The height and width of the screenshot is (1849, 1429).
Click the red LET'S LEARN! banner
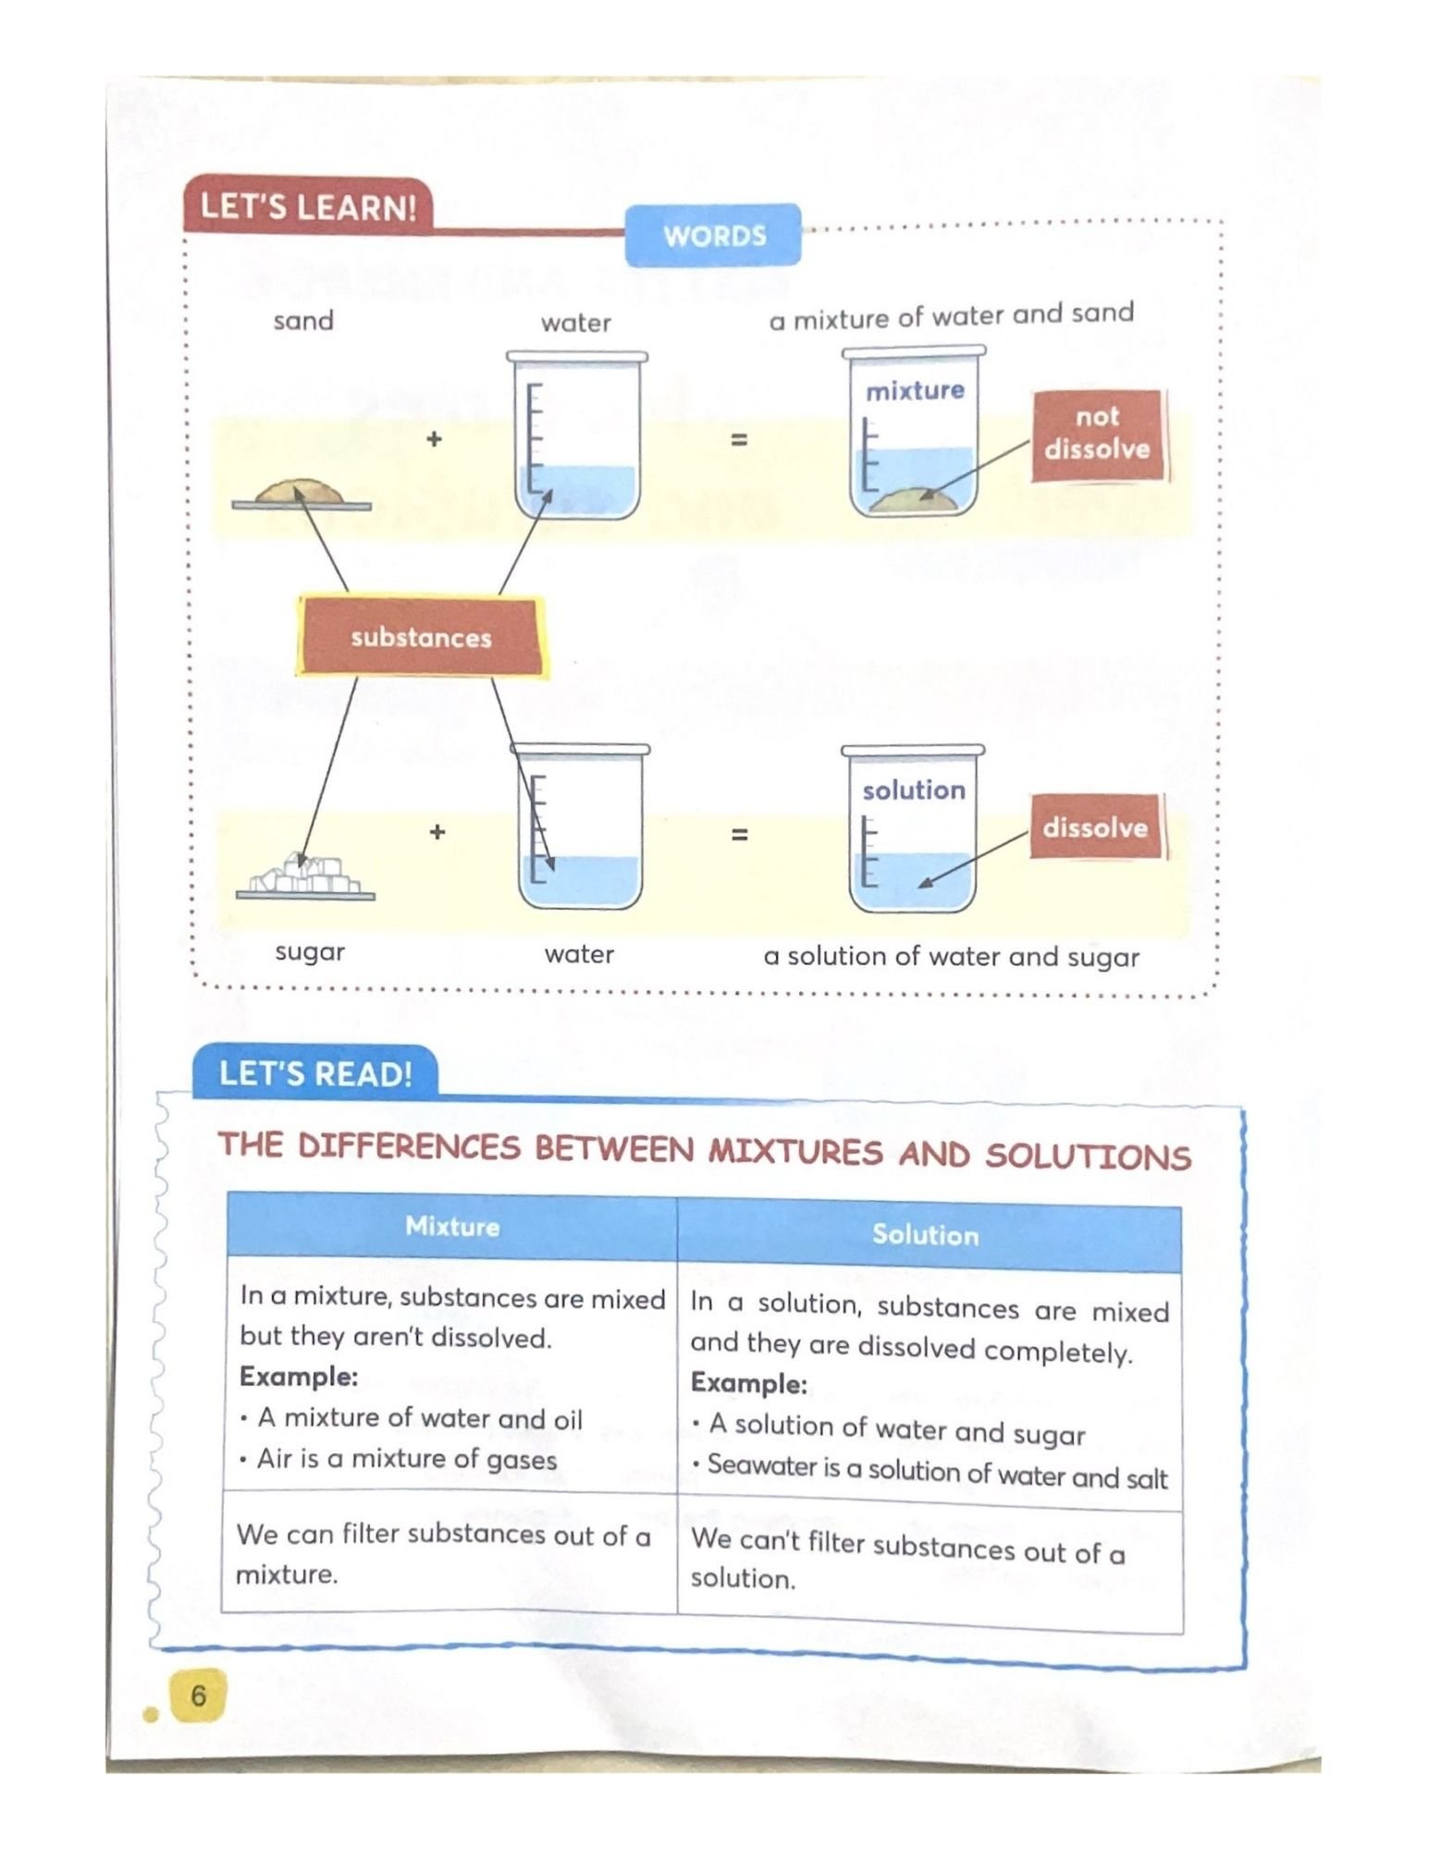pos(308,205)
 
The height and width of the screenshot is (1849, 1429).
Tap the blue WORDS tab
pos(713,236)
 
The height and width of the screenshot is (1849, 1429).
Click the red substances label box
pos(421,637)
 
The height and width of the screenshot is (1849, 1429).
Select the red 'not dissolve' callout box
pos(1097,434)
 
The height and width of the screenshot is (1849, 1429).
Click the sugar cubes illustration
pos(305,875)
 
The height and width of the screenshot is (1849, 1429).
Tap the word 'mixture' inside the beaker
pos(915,390)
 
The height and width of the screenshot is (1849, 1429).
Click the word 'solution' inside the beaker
pos(914,790)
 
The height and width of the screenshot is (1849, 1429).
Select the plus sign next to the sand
pos(434,438)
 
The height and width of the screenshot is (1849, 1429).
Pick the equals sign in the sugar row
pos(739,834)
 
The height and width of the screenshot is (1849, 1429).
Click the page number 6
pos(198,1696)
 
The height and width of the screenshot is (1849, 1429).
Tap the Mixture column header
pos(452,1226)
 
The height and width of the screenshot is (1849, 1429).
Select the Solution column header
pos(926,1234)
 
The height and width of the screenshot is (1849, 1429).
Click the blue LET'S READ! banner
pos(315,1073)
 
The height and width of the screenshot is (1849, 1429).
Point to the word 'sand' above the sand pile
pos(303,321)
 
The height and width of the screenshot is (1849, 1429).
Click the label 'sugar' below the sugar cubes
pos(310,951)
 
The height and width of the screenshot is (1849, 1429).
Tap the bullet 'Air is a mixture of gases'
pos(407,1459)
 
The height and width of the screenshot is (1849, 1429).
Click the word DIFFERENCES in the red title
pos(409,1146)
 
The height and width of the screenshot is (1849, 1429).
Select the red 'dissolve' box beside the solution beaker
pos(1095,827)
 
